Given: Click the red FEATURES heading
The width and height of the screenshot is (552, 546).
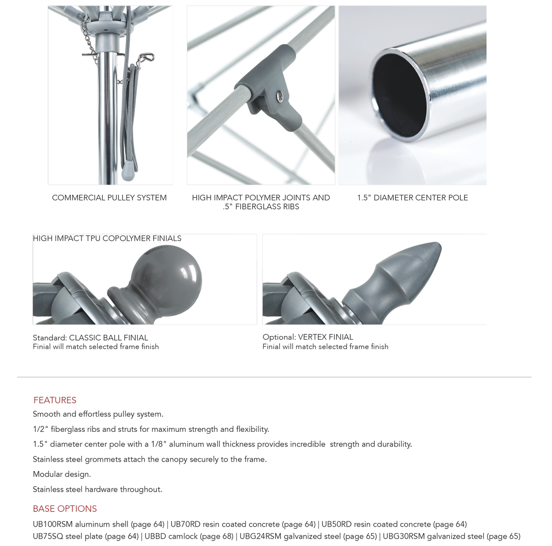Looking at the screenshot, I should tap(55, 400).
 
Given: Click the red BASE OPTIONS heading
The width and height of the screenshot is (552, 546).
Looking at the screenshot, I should tap(65, 509).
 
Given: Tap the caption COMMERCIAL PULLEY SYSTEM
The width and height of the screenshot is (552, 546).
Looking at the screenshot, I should tap(109, 197).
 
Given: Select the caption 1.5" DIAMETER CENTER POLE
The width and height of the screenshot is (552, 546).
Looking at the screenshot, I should tap(412, 197).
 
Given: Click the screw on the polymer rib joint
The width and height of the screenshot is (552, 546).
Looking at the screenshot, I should tap(279, 95).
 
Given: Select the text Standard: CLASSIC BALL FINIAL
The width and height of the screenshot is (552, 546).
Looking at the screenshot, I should tap(90, 337).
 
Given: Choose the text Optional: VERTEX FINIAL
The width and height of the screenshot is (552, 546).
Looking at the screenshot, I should tap(308, 337).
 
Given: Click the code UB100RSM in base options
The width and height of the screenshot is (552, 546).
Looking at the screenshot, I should tap(52, 524).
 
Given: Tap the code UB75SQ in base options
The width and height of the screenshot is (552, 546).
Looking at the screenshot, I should tap(48, 536).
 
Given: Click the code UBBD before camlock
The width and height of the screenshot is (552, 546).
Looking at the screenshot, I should tap(155, 536).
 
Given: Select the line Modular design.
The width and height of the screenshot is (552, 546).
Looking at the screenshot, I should tap(62, 474).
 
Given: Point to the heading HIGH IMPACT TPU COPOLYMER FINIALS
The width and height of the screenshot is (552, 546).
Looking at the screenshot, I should tap(107, 238).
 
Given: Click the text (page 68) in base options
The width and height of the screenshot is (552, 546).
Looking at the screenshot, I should tap(217, 536).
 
